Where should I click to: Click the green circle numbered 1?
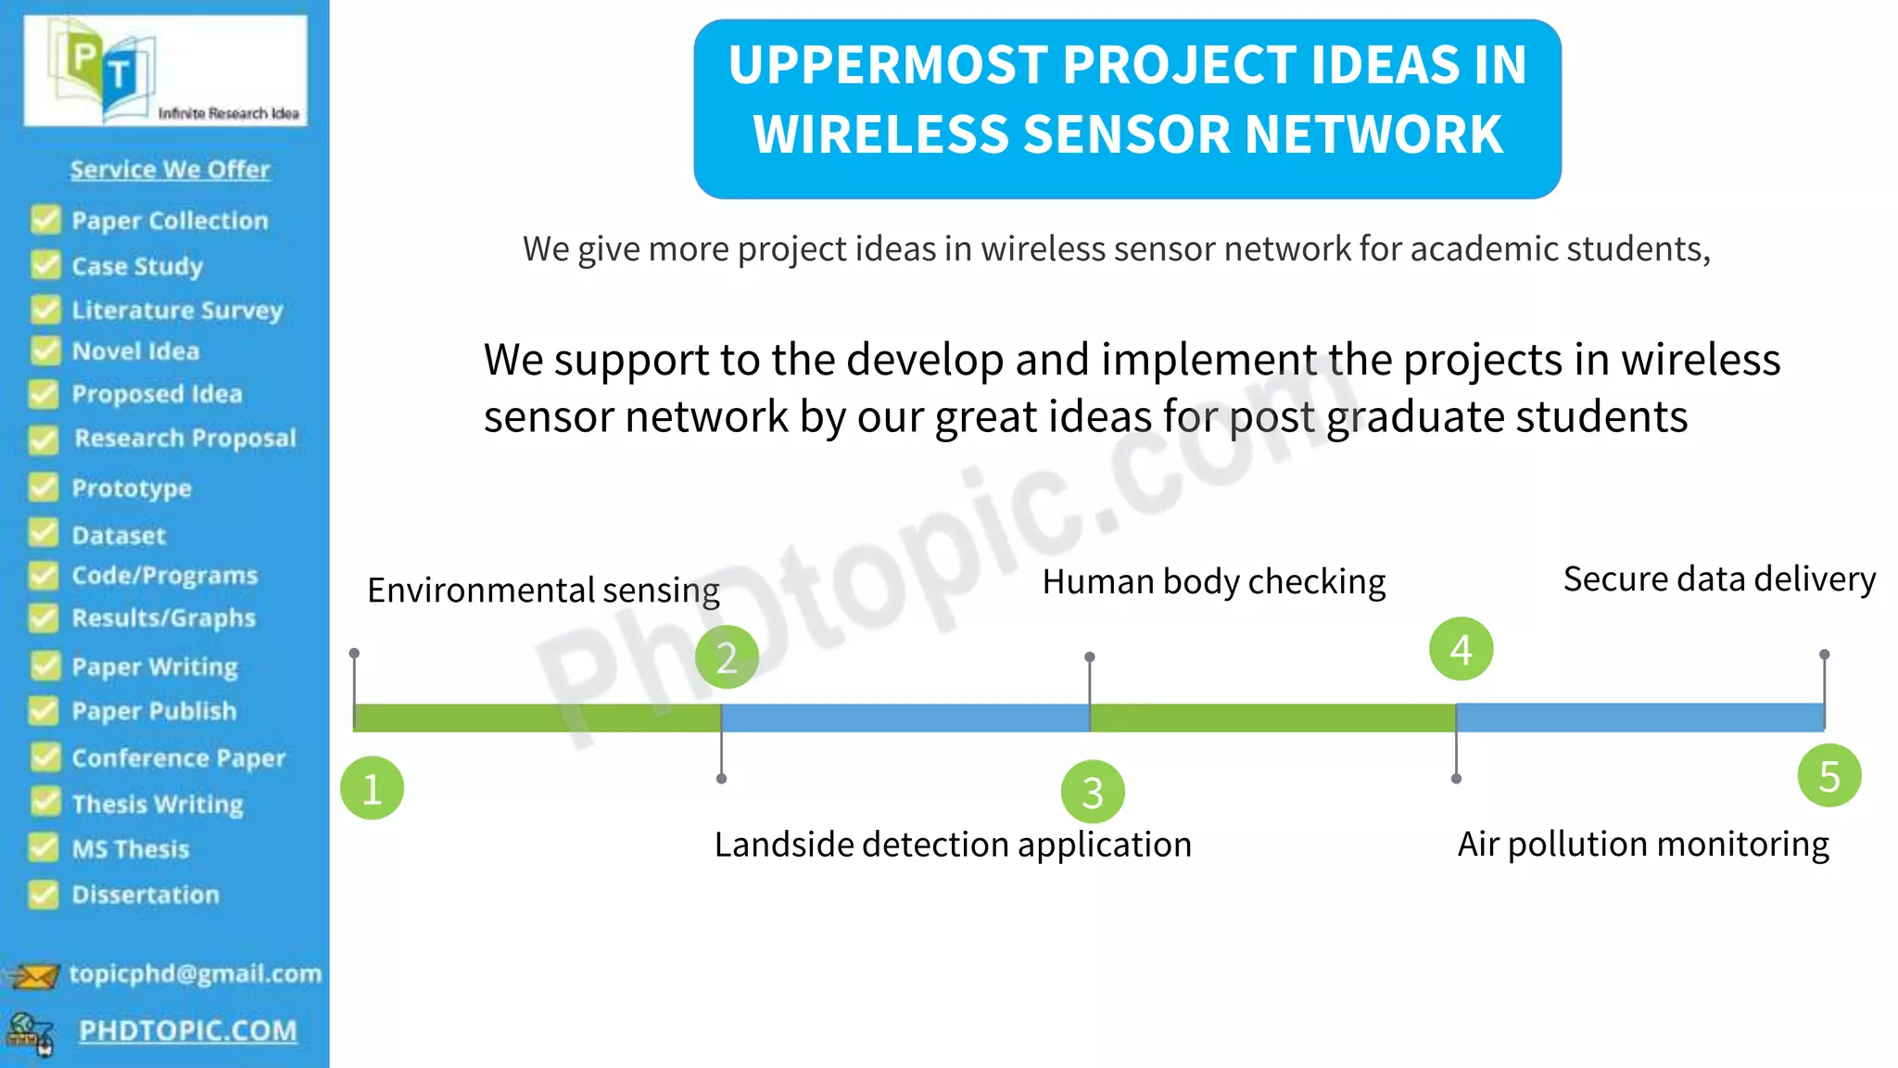pyautogui.click(x=372, y=789)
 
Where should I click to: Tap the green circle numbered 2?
pyautogui.click(x=727, y=657)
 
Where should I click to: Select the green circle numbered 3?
pyautogui.click(x=1093, y=793)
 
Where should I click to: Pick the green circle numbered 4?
pyautogui.click(x=1461, y=649)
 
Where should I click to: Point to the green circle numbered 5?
pyautogui.click(x=1828, y=776)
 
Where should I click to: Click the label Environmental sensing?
pyautogui.click(x=543, y=591)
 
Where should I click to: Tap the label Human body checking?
pyautogui.click(x=1213, y=582)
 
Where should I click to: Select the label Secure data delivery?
pyautogui.click(x=1719, y=579)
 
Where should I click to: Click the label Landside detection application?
pyautogui.click(x=953, y=845)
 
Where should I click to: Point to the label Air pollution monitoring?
pyautogui.click(x=1643, y=845)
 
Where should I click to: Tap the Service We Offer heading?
pyautogui.click(x=170, y=170)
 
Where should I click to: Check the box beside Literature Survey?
pyautogui.click(x=44, y=310)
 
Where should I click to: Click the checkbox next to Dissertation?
pyautogui.click(x=44, y=895)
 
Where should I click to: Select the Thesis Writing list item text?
pyautogui.click(x=158, y=804)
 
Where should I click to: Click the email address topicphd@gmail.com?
pyautogui.click(x=195, y=973)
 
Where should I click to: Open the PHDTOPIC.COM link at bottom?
pyautogui.click(x=188, y=1031)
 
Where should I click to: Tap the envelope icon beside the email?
pyautogui.click(x=34, y=975)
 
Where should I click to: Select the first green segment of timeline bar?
pyautogui.click(x=537, y=718)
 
